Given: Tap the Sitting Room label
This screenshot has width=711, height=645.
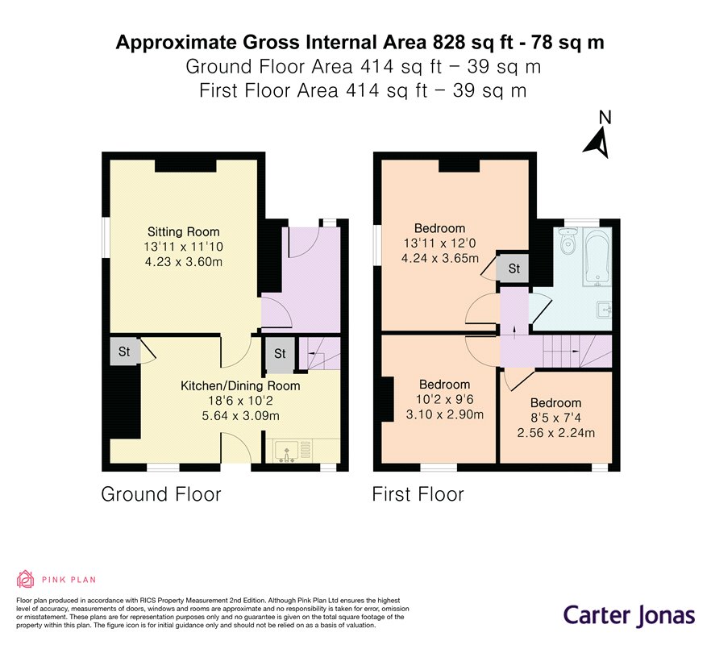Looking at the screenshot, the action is point(183,231).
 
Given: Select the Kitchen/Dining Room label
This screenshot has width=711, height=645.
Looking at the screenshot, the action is point(240,386).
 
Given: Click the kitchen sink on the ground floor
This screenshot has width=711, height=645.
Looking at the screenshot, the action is point(287,451).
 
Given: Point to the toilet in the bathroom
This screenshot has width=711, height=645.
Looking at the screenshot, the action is point(567,242).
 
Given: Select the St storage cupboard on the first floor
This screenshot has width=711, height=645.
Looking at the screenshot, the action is point(513,269).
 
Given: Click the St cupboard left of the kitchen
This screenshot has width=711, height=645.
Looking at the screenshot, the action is point(125,352).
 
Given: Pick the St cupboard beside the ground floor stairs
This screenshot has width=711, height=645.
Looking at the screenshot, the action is point(279,354).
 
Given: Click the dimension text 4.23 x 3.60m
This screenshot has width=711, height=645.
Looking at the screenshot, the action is point(184,262).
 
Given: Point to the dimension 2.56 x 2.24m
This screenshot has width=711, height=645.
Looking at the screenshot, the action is point(556,433).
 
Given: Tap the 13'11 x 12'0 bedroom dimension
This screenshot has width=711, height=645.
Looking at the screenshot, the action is point(440,243).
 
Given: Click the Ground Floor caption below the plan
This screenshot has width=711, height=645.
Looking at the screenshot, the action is point(161,494).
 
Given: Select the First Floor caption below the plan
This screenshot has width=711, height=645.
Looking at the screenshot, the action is point(418,494).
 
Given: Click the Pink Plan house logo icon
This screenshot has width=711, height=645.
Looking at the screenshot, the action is point(26,579).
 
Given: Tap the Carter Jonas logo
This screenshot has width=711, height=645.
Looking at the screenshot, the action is point(629,616).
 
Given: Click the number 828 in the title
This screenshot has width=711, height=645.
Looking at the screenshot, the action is point(449,42).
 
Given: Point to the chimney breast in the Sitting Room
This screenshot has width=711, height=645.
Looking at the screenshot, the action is point(185,165).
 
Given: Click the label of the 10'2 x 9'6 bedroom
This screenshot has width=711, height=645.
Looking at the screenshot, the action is point(444,385).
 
